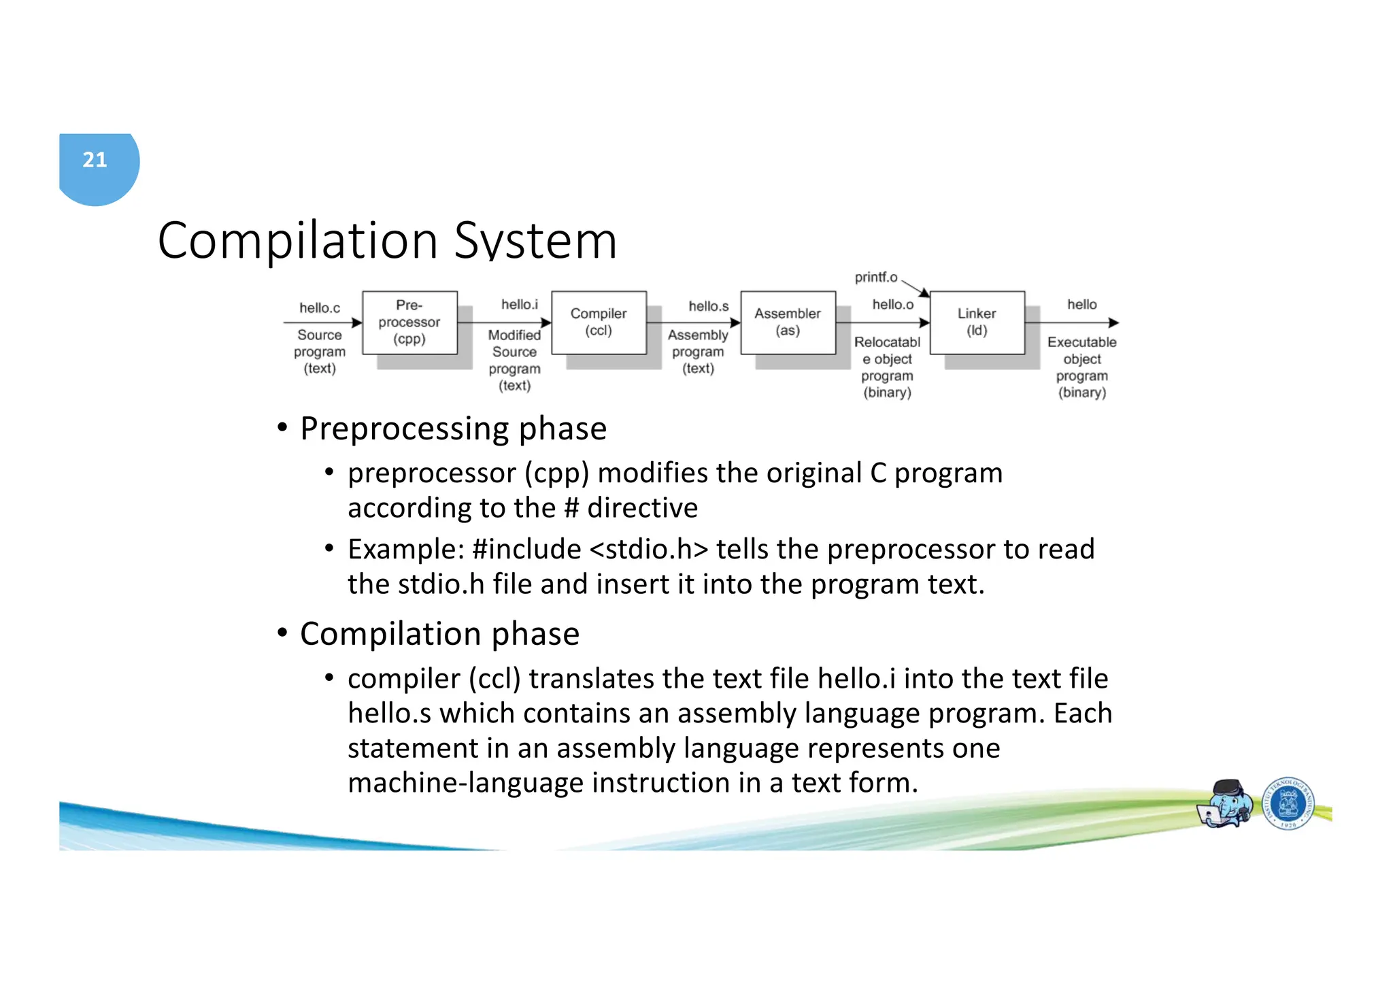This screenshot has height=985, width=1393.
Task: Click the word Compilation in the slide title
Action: [x=297, y=241]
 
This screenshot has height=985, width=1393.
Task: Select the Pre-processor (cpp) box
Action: [x=409, y=322]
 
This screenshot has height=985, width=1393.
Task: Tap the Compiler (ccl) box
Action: [x=599, y=322]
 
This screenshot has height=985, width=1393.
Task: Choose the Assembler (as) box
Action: [x=788, y=322]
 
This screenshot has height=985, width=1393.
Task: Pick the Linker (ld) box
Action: [x=977, y=322]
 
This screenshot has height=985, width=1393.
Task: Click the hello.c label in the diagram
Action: [x=320, y=308]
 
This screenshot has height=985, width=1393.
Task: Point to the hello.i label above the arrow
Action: [x=520, y=305]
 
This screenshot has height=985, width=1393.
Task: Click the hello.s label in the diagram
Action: [x=708, y=307]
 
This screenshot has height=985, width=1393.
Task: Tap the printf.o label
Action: [x=876, y=278]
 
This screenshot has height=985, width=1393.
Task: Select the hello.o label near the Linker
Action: [x=892, y=305]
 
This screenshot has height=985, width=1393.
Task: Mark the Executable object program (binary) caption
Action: [x=1081, y=367]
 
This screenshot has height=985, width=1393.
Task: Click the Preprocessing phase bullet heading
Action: [x=453, y=429]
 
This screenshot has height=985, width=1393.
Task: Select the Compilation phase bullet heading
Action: [x=439, y=635]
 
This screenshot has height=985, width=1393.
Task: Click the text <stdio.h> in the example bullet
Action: [x=649, y=550]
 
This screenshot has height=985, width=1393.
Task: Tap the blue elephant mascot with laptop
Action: [x=1225, y=804]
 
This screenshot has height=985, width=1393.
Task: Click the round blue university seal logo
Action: [x=1288, y=804]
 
